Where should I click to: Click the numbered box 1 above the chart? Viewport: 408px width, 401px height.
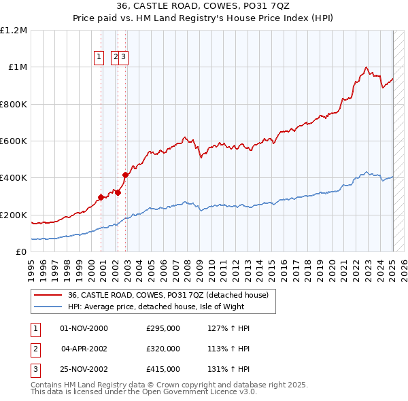99,58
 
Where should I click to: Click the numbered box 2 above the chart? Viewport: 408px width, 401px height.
116,58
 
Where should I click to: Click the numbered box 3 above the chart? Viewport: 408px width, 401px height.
124,58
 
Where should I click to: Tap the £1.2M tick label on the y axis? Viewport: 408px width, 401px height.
14,31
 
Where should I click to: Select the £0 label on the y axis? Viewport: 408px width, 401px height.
22,252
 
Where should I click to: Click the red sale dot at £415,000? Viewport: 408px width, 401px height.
126,175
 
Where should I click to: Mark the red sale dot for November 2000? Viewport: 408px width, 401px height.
101,197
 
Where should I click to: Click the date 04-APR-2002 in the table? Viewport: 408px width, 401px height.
84,349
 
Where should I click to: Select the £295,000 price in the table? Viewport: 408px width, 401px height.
163,328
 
